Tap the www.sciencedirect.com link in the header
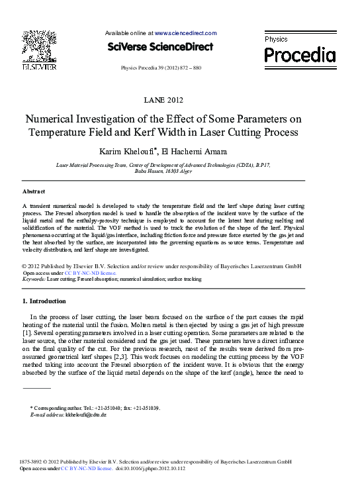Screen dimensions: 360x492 click(x=185, y=33)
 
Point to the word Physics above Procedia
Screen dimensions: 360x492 click(x=276, y=40)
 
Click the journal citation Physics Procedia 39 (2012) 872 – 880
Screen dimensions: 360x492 click(x=161, y=68)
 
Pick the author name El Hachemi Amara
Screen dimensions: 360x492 click(x=198, y=152)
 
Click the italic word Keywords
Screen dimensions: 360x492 click(x=33, y=279)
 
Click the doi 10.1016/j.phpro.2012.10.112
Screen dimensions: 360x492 click(x=150, y=468)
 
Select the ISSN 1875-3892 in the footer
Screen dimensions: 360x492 click(x=33, y=461)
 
